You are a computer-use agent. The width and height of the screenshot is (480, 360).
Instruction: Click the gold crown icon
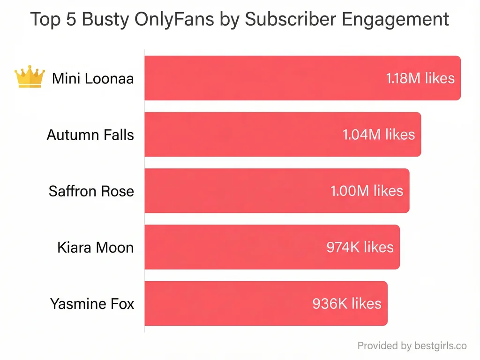coord(30,77)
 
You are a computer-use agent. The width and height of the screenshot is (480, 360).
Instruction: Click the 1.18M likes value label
coord(420,78)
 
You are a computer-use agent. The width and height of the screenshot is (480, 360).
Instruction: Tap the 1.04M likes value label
coord(379,135)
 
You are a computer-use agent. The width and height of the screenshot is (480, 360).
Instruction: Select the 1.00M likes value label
coord(367,191)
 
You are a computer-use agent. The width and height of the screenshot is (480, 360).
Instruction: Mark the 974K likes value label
coord(360,247)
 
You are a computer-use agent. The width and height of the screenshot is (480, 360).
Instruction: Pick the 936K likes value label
coord(347,303)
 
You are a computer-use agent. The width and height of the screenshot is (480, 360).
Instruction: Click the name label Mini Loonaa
coord(93,78)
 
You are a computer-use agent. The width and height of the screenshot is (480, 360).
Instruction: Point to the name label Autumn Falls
coord(90,135)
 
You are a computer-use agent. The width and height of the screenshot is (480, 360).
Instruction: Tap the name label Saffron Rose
coord(91,191)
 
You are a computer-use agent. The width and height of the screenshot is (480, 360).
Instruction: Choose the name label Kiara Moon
coord(95,247)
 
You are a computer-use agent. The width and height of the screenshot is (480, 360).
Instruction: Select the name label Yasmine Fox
coord(92,304)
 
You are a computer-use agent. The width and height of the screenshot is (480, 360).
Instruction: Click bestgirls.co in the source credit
coord(441,346)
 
